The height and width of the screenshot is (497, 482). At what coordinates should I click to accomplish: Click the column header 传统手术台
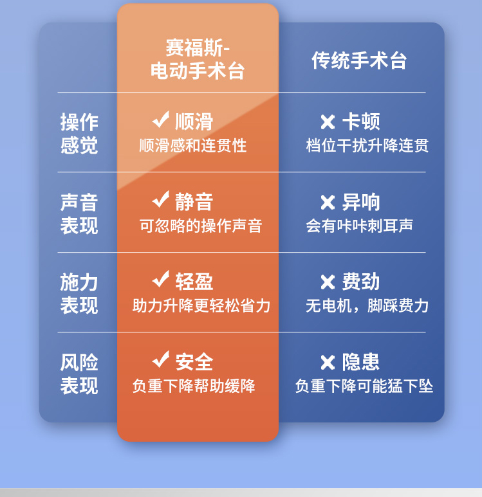(359, 60)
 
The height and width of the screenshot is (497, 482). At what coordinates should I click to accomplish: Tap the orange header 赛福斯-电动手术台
(198, 59)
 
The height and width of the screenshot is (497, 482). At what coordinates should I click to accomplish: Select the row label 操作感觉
(79, 134)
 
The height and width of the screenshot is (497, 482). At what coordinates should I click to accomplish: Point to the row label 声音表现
(79, 214)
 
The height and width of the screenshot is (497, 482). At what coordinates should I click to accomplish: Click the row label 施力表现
(79, 294)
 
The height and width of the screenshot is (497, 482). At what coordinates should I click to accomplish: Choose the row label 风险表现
(79, 374)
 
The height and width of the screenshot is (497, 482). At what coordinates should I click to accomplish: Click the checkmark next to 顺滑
(161, 120)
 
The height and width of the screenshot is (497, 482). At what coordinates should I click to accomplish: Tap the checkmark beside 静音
(161, 199)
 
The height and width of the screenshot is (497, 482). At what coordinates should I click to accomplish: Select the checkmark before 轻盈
(161, 279)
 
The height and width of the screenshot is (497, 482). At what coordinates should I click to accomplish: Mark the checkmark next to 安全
(161, 359)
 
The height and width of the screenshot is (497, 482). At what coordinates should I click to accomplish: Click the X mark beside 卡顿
(328, 122)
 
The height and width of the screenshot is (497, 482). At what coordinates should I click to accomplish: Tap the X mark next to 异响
(328, 203)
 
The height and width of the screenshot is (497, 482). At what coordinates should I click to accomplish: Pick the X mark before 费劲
(328, 282)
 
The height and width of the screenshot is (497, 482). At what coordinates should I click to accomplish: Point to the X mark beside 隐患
(328, 363)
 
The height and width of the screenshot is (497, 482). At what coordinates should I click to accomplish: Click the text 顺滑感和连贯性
(193, 145)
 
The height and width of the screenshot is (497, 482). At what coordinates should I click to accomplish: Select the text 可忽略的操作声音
(201, 226)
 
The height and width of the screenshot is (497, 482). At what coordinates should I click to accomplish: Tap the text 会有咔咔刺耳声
(359, 226)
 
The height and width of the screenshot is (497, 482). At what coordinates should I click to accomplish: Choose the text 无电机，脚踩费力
(367, 306)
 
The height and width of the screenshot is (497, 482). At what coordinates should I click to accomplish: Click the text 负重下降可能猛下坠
(364, 386)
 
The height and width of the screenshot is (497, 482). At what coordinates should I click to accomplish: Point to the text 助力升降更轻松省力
(201, 306)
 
